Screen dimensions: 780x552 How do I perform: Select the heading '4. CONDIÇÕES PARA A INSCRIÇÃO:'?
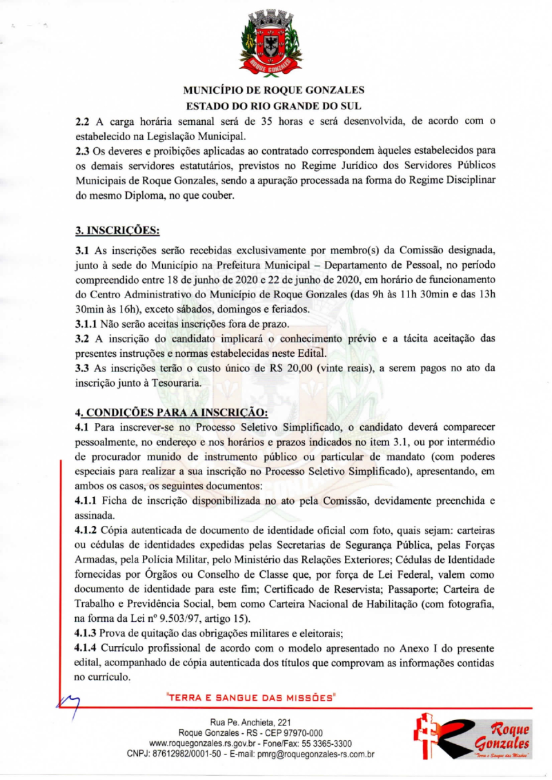(x=171, y=413)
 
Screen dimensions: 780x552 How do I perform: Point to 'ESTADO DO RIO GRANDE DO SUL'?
(x=275, y=106)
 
